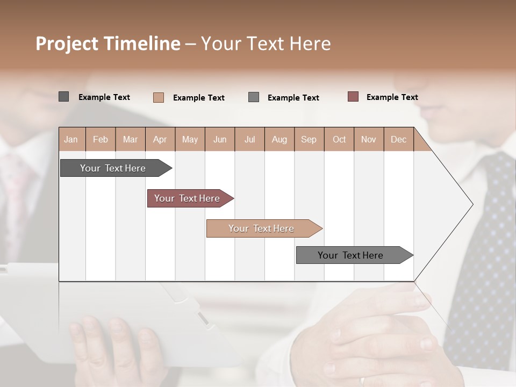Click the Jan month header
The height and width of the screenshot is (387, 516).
71,139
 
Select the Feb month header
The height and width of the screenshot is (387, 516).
101,139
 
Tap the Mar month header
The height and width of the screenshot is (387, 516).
130,139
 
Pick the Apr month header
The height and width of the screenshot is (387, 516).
160,139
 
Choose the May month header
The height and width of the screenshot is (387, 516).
190,139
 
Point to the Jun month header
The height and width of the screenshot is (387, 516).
220,139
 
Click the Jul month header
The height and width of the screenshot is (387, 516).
249,139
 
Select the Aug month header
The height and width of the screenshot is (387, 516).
279,139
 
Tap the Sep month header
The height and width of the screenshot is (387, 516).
309,139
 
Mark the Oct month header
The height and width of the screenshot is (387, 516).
339,139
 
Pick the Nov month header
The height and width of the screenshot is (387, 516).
369,139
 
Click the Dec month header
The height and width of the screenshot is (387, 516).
398,139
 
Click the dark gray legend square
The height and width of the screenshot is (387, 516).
64,97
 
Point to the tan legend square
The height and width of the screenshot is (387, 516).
159,97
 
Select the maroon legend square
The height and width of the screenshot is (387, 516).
353,97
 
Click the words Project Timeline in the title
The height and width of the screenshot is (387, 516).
108,44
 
